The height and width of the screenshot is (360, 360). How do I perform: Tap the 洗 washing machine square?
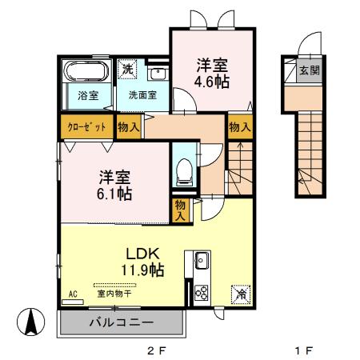point(127,69)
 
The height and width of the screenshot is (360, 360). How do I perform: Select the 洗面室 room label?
point(142,95)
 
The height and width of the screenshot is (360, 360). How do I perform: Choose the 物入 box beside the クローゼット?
point(128,126)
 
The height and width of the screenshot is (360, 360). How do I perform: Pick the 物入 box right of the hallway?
point(238,126)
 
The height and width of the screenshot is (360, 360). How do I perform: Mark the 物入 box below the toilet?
point(181,210)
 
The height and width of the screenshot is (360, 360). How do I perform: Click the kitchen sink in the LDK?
point(200,261)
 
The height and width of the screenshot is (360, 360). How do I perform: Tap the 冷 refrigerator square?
point(240,294)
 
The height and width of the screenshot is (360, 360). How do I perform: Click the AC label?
point(74,294)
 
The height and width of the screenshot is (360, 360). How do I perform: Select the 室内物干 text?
point(114,294)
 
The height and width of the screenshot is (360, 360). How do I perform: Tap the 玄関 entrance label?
point(309,70)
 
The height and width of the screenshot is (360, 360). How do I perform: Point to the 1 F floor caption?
point(302,350)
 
